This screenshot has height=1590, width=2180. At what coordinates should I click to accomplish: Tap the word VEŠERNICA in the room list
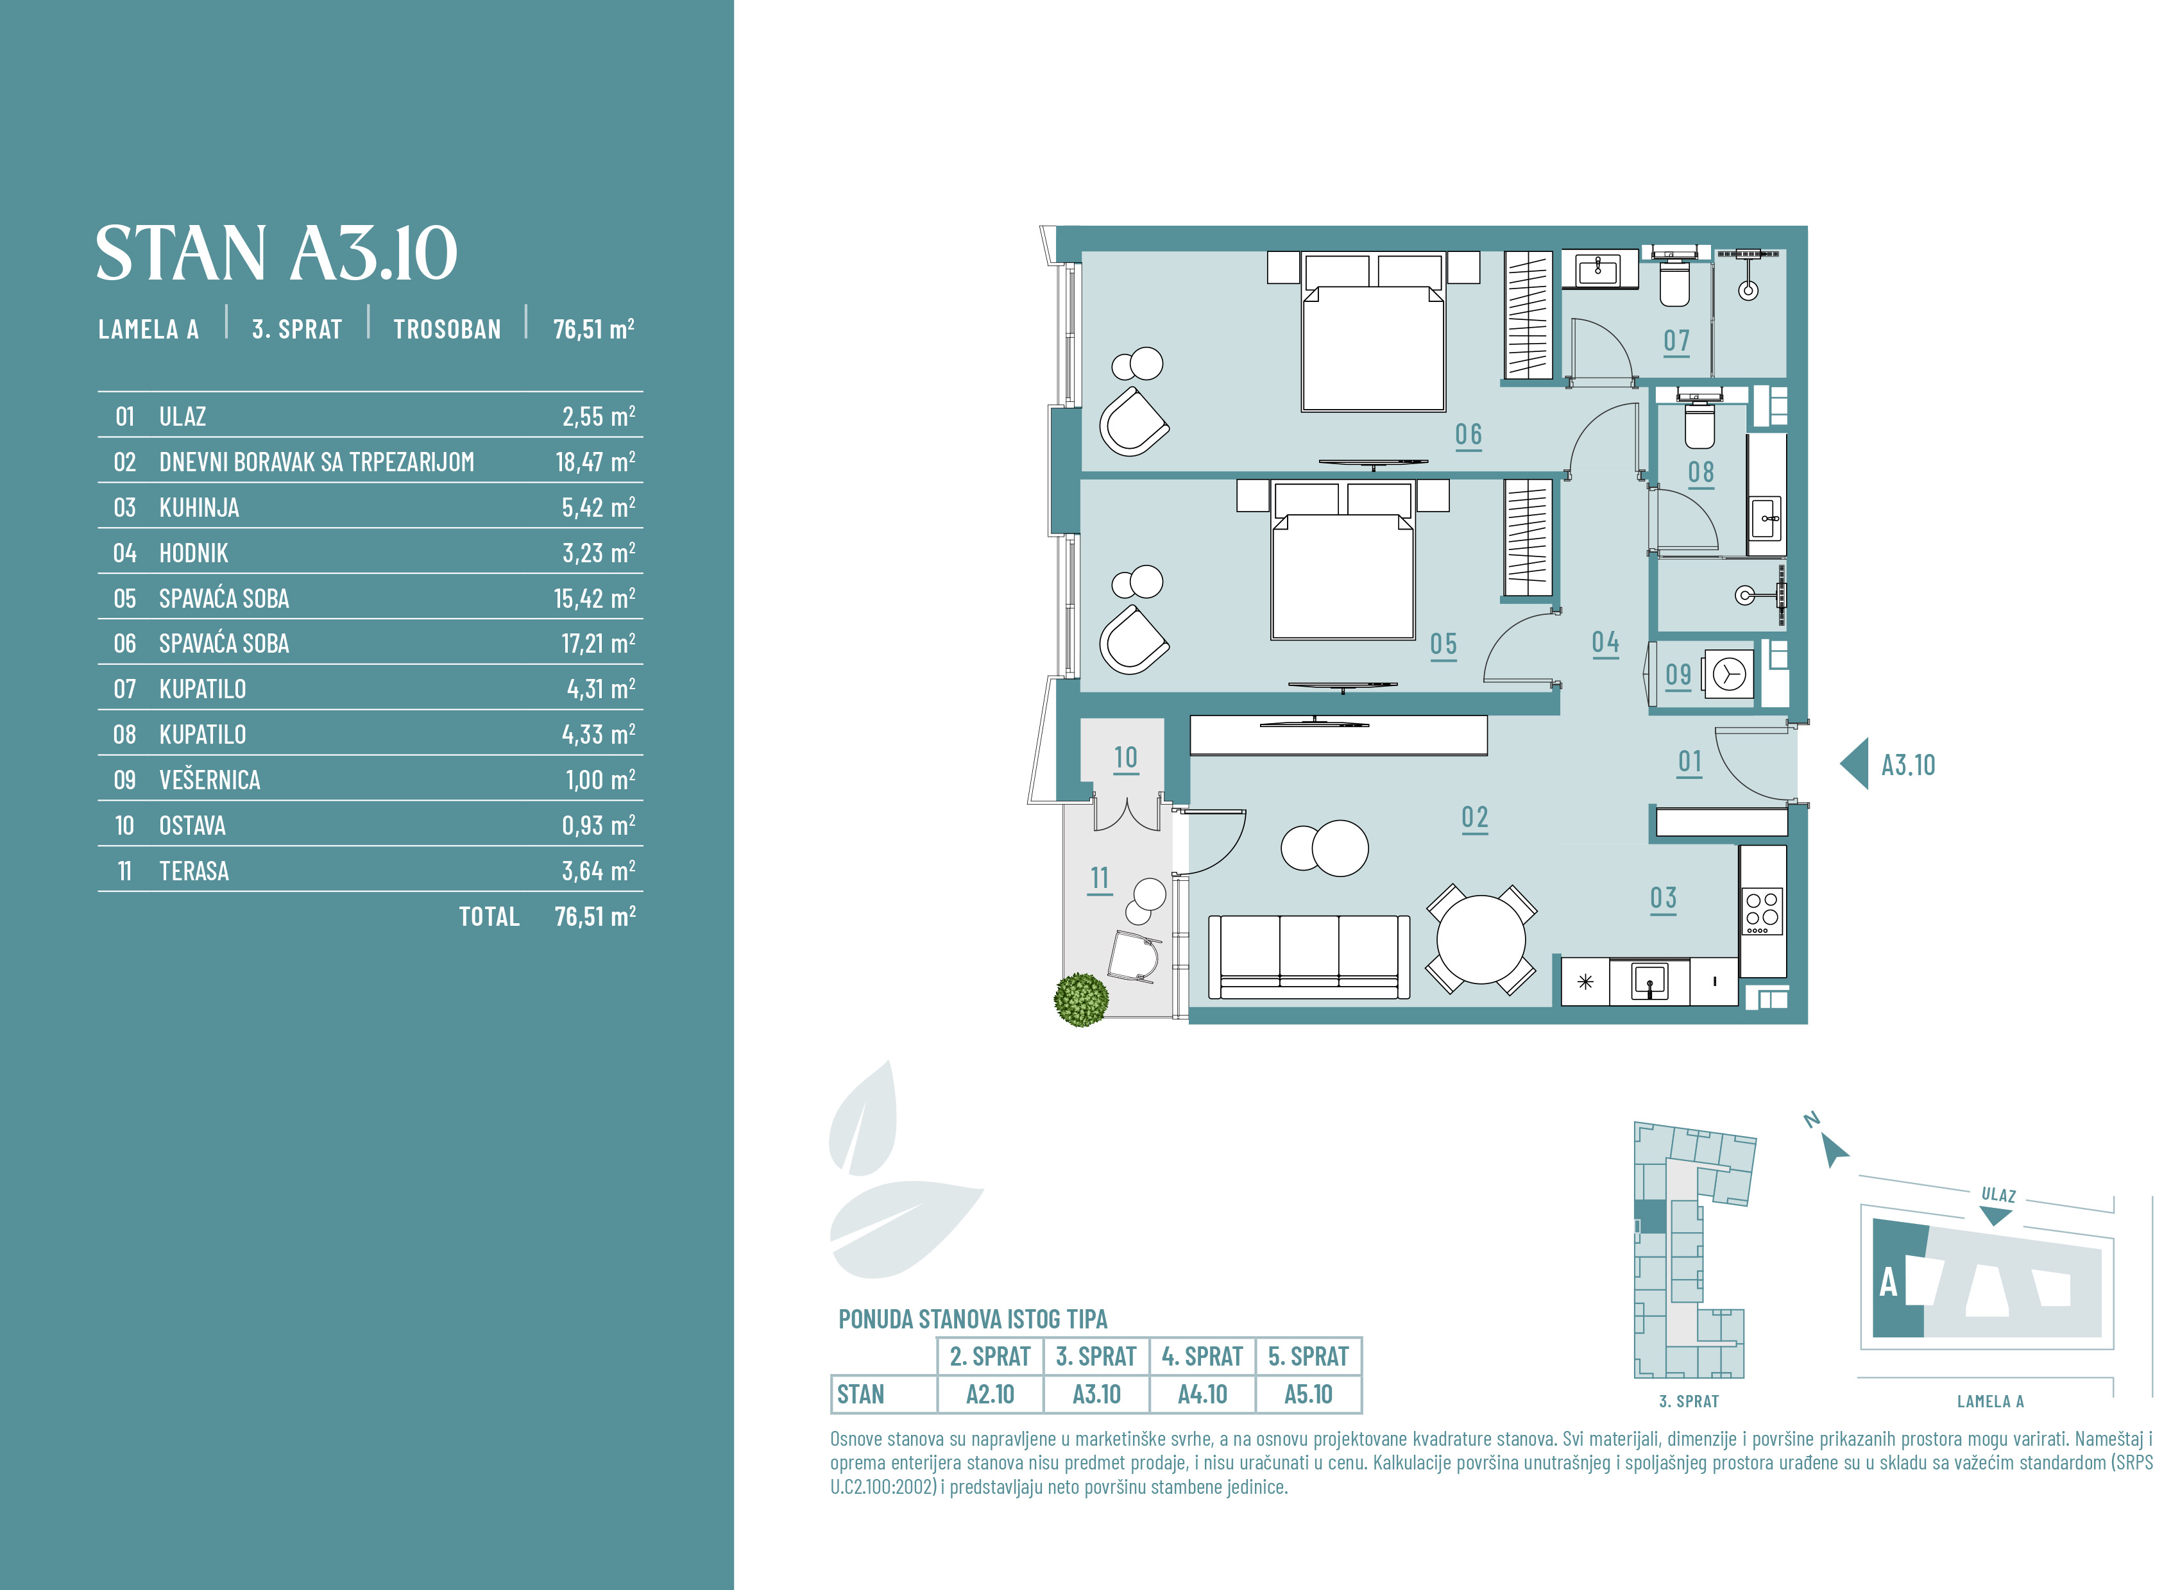[210, 780]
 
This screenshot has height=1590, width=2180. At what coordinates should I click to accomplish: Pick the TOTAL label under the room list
[489, 916]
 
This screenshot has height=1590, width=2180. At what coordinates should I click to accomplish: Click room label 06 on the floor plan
[1469, 435]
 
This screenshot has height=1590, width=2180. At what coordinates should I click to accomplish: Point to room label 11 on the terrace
[1100, 879]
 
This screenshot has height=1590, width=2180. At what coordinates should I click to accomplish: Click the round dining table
[1481, 939]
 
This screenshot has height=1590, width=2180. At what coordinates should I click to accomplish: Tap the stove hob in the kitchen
[1763, 910]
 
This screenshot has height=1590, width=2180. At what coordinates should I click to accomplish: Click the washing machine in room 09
[1728, 674]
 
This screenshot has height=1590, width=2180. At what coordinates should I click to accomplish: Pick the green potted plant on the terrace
[1080, 1000]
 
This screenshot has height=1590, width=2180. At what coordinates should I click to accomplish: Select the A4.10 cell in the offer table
[1203, 1394]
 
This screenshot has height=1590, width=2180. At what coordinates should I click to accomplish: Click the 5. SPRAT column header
[1309, 1356]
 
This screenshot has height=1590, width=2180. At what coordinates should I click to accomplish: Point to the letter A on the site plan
[1888, 1282]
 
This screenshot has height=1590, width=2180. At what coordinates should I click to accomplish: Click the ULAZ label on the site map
[1999, 1194]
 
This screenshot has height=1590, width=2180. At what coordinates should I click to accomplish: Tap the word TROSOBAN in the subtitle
[447, 329]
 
